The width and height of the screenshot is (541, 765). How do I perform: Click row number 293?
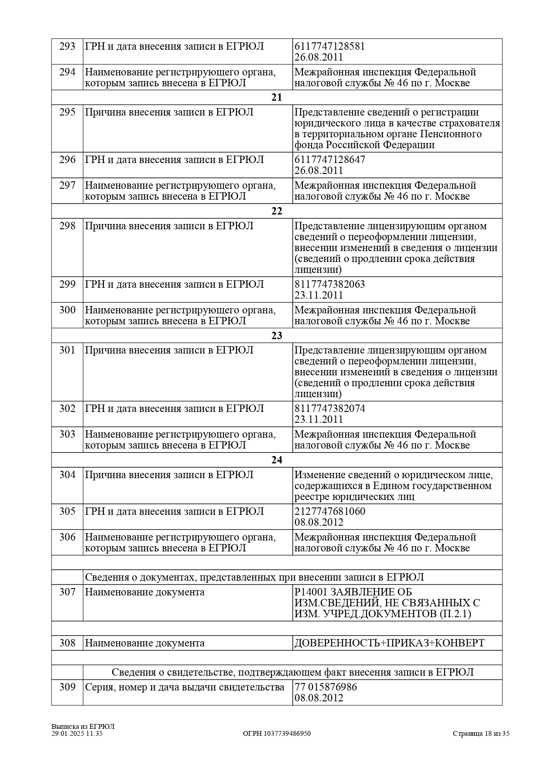[67, 46]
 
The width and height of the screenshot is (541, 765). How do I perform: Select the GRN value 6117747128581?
[330, 46]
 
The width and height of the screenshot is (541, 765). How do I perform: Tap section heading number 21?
[277, 97]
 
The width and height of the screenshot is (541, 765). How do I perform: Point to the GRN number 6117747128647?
[330, 160]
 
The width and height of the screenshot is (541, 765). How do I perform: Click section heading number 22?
[277, 211]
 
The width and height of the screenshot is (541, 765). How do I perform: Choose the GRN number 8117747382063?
[330, 284]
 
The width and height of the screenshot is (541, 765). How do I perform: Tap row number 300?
[67, 310]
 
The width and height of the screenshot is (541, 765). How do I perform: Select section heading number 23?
[277, 335]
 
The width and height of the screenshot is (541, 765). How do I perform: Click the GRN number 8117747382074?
[330, 408]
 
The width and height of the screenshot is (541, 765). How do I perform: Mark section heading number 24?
[277, 460]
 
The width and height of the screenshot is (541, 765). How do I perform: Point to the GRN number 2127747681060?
[330, 511]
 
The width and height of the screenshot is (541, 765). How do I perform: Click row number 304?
[67, 475]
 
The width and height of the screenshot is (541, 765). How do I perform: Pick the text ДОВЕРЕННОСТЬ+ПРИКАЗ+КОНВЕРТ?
[389, 643]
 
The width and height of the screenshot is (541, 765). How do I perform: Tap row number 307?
[67, 592]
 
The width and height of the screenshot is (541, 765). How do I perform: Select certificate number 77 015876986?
[326, 687]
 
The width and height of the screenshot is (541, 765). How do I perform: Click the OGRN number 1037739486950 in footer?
[277, 734]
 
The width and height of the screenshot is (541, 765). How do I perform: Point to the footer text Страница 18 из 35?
[481, 734]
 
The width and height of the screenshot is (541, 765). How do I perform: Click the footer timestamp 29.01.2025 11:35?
[77, 734]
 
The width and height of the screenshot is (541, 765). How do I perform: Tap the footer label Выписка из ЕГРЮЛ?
[82, 727]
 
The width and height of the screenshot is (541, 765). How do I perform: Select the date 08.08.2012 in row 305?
[319, 522]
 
